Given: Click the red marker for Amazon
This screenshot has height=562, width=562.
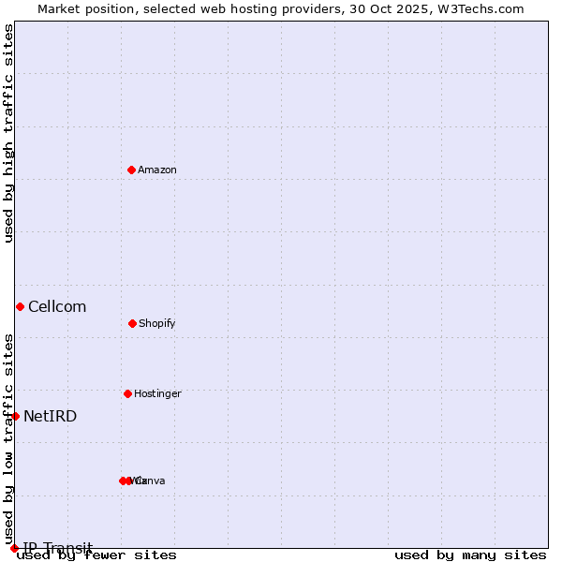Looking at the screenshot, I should pos(131,170).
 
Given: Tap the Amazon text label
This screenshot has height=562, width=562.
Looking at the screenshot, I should pos(156,170).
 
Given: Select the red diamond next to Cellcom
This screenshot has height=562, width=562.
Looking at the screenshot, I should pos(20,306).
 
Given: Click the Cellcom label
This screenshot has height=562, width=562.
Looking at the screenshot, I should pos(57,306).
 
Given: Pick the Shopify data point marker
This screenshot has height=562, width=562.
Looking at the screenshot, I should pos(132,323).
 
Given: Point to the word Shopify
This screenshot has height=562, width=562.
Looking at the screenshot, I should pos(156,323).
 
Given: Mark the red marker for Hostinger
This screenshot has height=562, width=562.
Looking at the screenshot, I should pos(127,393).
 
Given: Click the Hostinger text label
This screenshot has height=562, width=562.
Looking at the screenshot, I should pos(157,393).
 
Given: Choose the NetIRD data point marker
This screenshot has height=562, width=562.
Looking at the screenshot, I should pos(15,416).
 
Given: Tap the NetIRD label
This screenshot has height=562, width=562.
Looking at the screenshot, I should pos(51,416).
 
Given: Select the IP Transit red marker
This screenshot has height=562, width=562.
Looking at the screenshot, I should pos(14,548).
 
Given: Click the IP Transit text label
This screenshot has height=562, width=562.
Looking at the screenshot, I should pos(58,547).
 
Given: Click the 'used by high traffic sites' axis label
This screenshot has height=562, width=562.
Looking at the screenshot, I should pos(8,133).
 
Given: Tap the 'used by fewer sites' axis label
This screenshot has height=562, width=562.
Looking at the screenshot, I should pos(96,555).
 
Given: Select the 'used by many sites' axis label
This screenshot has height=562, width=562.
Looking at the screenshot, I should pos(470,555).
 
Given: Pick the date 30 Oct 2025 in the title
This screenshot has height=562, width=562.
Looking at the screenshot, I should pos(394,8).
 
